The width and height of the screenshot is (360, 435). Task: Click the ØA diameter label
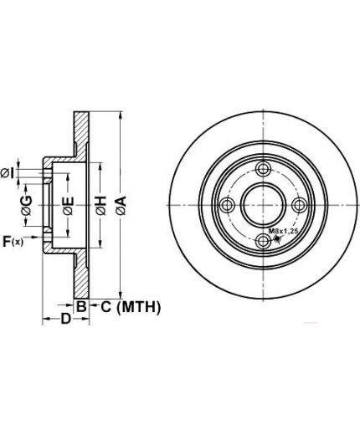121,206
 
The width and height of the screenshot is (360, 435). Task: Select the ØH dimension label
101,206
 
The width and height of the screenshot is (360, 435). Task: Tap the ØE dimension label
69,206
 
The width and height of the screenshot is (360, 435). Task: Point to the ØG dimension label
27,206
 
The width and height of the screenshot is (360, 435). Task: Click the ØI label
8,173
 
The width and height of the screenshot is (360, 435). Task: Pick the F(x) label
13,241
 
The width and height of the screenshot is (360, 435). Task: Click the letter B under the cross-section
81,307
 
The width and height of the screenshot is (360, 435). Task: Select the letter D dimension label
66,319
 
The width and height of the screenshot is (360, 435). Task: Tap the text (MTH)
139,307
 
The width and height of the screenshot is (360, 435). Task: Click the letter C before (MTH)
106,307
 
